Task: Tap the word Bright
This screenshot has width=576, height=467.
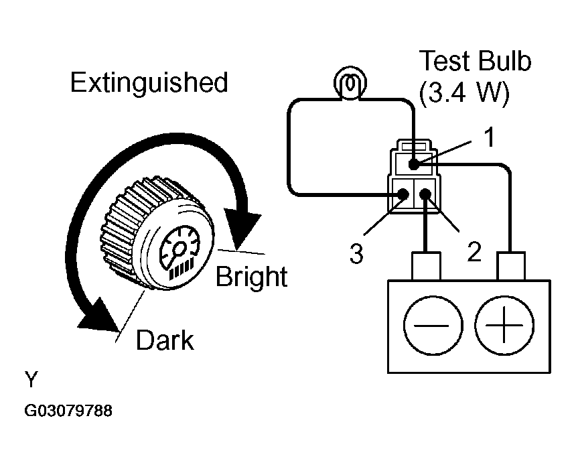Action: (251, 276)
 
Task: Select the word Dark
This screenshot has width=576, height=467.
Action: (165, 340)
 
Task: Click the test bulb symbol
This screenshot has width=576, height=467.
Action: (350, 83)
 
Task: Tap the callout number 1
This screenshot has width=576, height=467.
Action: (489, 137)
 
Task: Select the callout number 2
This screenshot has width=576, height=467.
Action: (474, 252)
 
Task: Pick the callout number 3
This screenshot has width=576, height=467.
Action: (356, 253)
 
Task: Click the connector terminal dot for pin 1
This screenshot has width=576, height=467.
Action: (414, 165)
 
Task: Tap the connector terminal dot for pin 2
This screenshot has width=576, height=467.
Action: (425, 194)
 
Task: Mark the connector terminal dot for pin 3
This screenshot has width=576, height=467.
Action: (403, 194)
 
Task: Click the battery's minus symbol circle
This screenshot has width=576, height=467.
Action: (433, 325)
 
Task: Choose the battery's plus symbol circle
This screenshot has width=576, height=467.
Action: (504, 325)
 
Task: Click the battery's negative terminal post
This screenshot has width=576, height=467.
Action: (426, 266)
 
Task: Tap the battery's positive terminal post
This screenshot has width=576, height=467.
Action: (510, 266)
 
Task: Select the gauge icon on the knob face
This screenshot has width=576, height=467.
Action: (179, 252)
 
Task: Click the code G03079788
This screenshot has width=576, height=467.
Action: (68, 411)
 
